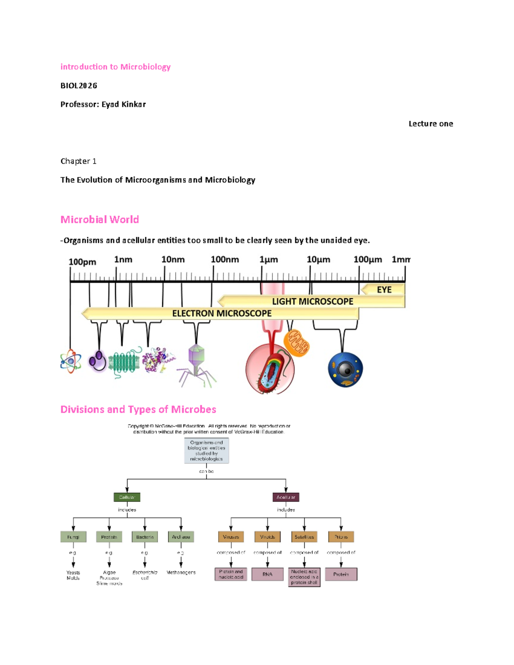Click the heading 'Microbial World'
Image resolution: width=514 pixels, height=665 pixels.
(x=99, y=220)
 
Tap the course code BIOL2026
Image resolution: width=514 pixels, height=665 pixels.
(x=79, y=86)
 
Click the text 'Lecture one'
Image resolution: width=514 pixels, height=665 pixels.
(x=430, y=124)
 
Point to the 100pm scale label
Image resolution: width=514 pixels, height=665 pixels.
(x=82, y=262)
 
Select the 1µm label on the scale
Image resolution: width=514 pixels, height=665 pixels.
(x=269, y=260)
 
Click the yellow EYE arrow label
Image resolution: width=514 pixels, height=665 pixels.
(x=384, y=290)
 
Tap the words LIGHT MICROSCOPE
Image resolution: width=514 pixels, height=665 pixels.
(x=313, y=301)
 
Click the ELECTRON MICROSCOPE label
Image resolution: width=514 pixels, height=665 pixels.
(x=222, y=313)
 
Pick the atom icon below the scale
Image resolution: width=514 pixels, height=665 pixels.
(x=71, y=361)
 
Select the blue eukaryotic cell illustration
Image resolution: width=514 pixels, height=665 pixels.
(x=345, y=370)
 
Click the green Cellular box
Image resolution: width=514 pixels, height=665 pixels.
(x=127, y=497)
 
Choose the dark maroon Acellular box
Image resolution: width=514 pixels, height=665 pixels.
(x=286, y=497)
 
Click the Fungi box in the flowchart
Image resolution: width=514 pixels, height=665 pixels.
(x=73, y=537)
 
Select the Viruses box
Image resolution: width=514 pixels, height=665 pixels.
(x=231, y=537)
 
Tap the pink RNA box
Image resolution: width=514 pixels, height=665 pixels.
(x=267, y=574)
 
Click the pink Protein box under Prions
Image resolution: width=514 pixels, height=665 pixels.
(x=341, y=574)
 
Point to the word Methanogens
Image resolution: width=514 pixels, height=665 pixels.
(x=181, y=573)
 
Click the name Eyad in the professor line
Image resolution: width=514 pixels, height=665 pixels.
(x=110, y=104)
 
